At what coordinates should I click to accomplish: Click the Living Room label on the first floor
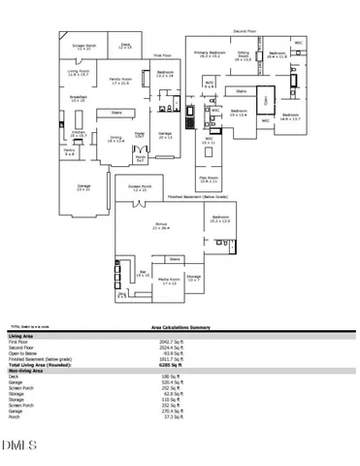[x=79, y=73]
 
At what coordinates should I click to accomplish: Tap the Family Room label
[x=121, y=81]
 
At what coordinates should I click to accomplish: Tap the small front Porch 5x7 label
[x=141, y=158]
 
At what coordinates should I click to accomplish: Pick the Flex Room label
[x=209, y=181]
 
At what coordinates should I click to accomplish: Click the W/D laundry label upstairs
[x=209, y=85]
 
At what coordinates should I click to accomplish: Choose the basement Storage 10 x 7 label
[x=193, y=279]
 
